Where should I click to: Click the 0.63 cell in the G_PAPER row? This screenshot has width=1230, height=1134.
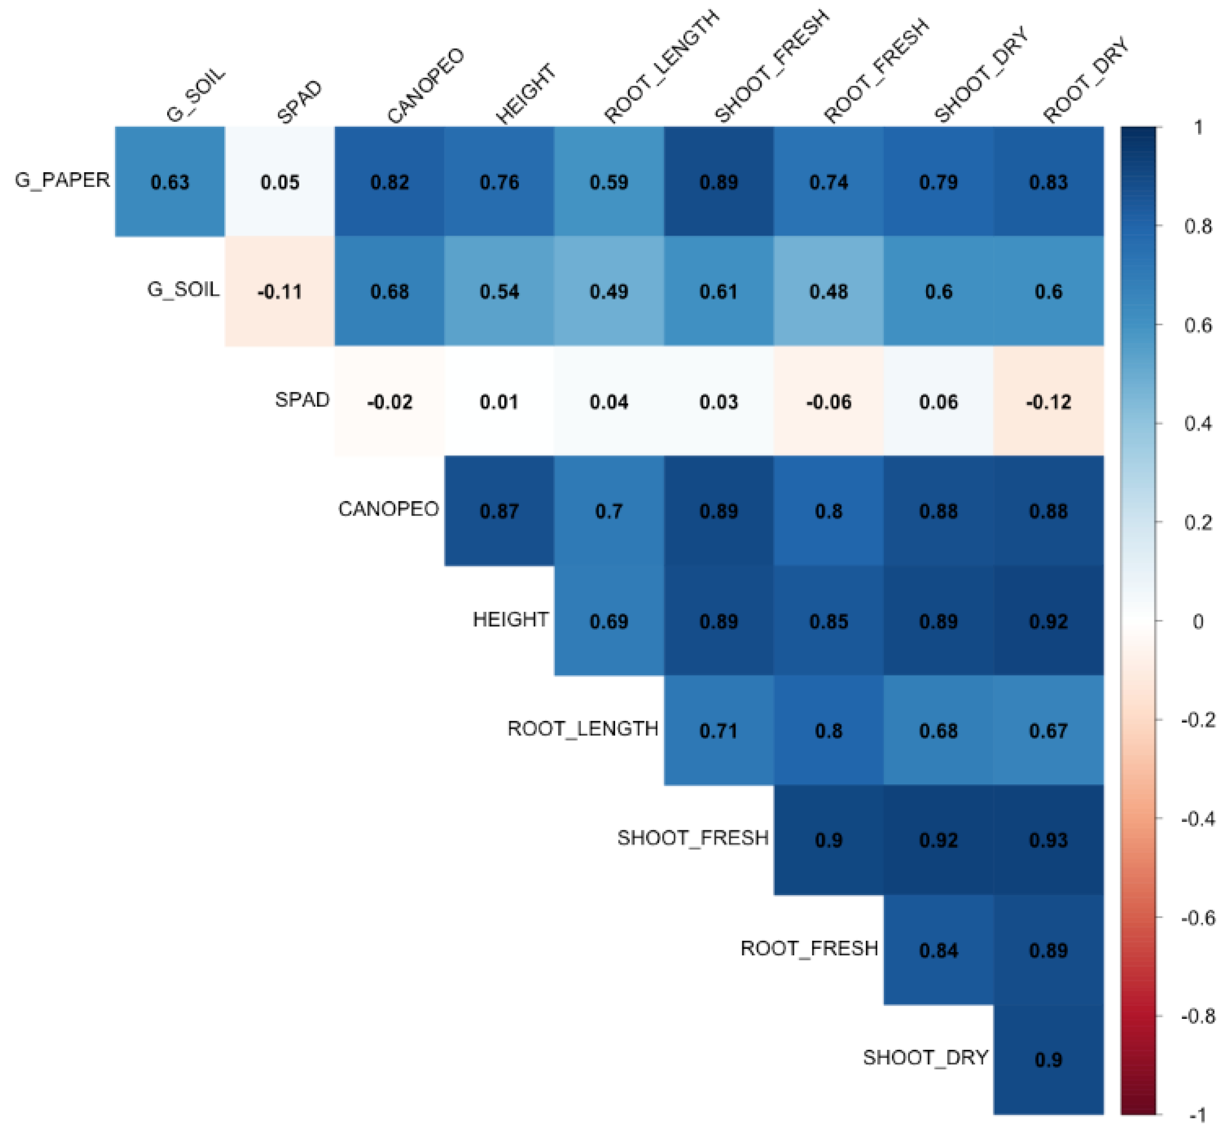pos(170,182)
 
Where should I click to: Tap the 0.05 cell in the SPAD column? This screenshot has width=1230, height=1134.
pos(280,182)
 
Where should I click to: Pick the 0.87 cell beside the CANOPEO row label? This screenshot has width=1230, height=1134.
pos(499,511)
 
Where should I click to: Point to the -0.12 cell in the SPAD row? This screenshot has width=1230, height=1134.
pos(1048,402)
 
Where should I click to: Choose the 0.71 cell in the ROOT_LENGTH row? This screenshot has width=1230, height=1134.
pos(719,730)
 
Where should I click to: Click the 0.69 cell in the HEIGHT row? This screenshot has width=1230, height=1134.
pos(609,621)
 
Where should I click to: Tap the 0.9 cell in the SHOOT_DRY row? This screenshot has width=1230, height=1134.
pos(1048,1059)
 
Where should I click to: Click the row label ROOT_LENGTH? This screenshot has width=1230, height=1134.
pos(583,729)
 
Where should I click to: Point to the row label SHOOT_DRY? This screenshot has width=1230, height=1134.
pos(925,1057)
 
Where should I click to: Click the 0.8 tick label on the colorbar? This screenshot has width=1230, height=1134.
pos(1197,226)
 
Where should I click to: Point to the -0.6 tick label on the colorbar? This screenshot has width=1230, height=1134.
pos(1197,918)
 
